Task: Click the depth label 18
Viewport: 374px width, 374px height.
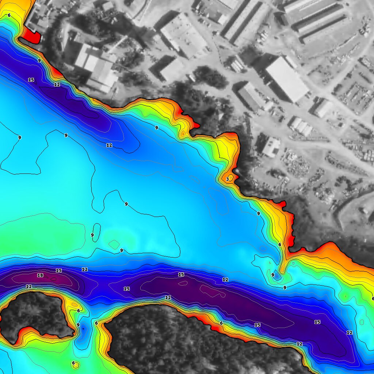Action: tap(40, 275)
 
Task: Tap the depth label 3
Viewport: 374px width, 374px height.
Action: tap(228, 179)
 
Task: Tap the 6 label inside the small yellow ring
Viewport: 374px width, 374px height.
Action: tap(73, 363)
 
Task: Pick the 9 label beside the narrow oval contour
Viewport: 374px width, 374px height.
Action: tap(92, 235)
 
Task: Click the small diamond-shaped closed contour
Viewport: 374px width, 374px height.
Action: tap(114, 244)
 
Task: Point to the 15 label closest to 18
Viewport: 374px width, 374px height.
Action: tap(58, 271)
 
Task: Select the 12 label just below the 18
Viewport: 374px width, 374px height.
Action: tap(29, 287)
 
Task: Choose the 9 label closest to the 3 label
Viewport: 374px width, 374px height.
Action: tap(258, 214)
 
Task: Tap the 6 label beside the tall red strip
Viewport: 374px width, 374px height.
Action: tap(280, 244)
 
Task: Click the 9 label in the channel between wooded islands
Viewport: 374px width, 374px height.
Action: tap(78, 325)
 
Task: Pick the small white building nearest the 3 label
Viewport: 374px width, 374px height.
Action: tap(271, 146)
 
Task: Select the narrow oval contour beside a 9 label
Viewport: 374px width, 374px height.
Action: tap(96, 232)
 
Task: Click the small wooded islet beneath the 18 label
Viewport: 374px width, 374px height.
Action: tap(35, 314)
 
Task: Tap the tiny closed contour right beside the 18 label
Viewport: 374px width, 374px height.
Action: tap(53, 278)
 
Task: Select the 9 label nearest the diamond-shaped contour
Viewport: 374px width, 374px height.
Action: tap(122, 251)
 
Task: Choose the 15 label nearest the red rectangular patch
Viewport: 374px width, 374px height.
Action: tap(31, 80)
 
